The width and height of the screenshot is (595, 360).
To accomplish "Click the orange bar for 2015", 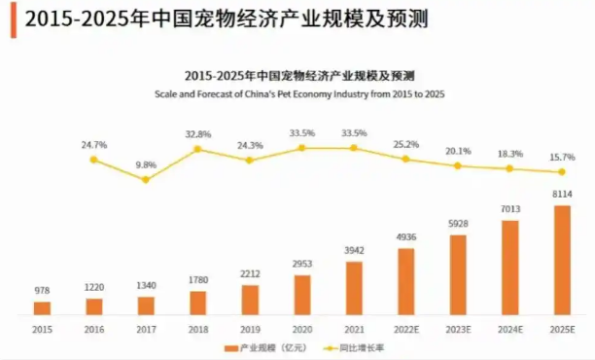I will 42,308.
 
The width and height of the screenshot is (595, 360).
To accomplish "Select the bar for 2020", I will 302,295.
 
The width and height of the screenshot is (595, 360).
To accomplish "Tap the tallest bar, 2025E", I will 562,260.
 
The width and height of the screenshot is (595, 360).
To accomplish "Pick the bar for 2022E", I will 406,282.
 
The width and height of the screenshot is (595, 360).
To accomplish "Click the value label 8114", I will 562,195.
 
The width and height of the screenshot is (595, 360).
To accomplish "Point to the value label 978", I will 42,291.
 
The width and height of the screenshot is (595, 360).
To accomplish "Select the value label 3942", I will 354,249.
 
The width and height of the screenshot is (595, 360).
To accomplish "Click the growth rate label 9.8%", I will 146,164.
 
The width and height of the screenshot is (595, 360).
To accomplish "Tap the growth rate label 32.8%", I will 197,134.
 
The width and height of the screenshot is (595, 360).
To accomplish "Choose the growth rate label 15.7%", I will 562,157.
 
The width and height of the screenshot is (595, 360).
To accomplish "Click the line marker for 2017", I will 146,180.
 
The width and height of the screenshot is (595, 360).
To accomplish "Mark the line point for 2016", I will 93,159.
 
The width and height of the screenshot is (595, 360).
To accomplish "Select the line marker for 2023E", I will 458,165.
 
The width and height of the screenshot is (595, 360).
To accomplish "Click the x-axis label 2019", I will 250,328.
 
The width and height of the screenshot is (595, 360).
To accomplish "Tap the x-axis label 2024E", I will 509,328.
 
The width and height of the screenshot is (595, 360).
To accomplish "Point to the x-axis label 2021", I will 354,328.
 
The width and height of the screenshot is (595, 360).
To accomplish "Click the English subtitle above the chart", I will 299,93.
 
